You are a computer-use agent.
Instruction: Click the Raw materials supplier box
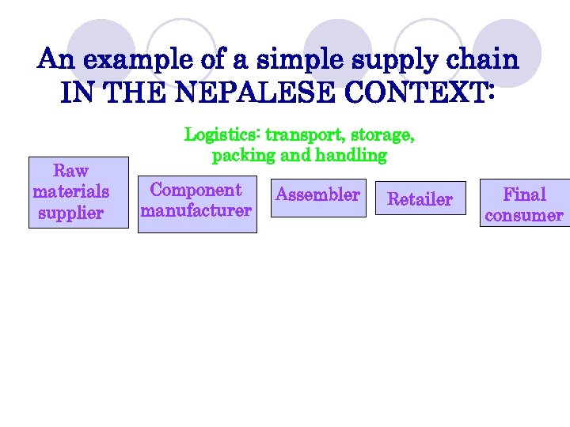(78, 192)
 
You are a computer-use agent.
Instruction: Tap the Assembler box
(317, 195)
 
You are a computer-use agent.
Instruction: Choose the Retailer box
(420, 198)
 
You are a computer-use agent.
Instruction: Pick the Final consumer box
(524, 204)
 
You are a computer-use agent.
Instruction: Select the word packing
(242, 156)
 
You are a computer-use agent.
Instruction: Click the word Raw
(70, 171)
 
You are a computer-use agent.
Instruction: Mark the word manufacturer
(196, 211)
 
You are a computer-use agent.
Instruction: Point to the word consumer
(524, 215)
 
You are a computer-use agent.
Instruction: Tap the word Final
(525, 195)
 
